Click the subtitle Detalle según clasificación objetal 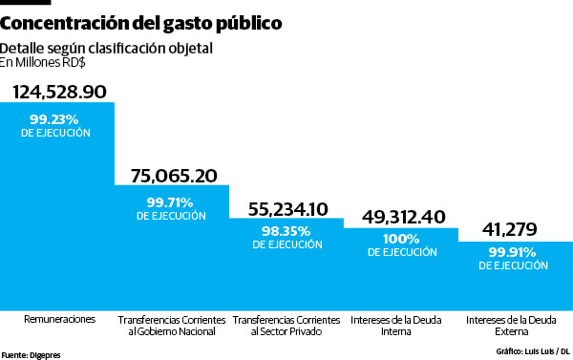[106, 48]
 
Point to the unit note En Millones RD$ [44, 63]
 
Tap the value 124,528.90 [58, 91]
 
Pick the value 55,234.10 [286, 208]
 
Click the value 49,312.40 [402, 217]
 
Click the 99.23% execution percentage [55, 119]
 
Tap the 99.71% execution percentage [171, 201]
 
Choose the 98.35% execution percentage [286, 231]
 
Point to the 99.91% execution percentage [516, 251]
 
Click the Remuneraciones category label [59, 319]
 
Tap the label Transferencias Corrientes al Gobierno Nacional [172, 325]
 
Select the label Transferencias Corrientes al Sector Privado [286, 325]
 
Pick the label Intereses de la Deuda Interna [402, 325]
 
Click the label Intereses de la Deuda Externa [516, 325]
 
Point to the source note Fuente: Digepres [31, 352]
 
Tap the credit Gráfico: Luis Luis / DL [532, 352]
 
